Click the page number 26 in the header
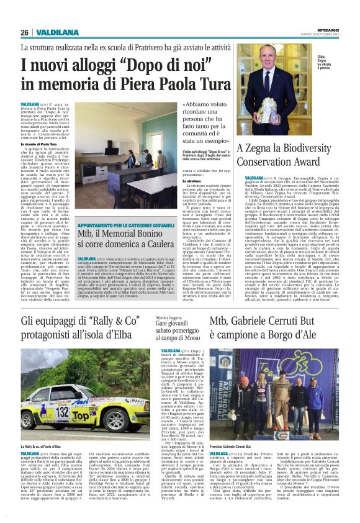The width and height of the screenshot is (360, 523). coord(24,32)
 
